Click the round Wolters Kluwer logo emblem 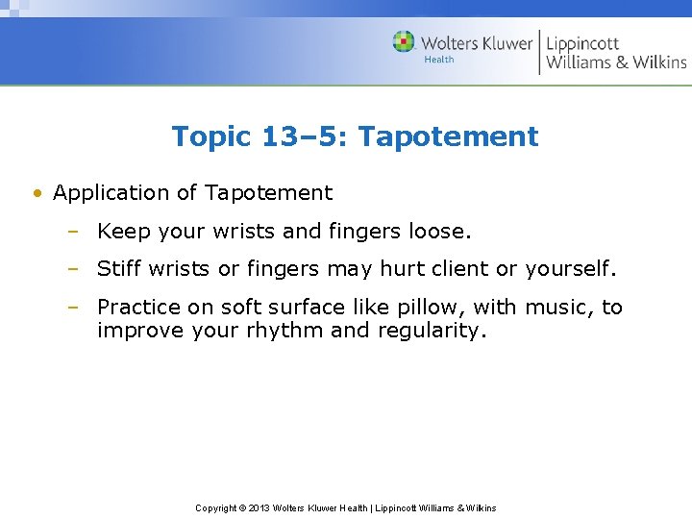pyautogui.click(x=405, y=42)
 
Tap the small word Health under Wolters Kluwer pyautogui.click(x=438, y=60)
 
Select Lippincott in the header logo pyautogui.click(x=582, y=43)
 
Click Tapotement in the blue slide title pyautogui.click(x=449, y=136)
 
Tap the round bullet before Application pyautogui.click(x=37, y=193)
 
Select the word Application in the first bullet pyautogui.click(x=112, y=193)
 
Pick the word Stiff pyautogui.click(x=120, y=269)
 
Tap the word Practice pyautogui.click(x=136, y=308)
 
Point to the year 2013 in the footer pyautogui.click(x=258, y=507)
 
